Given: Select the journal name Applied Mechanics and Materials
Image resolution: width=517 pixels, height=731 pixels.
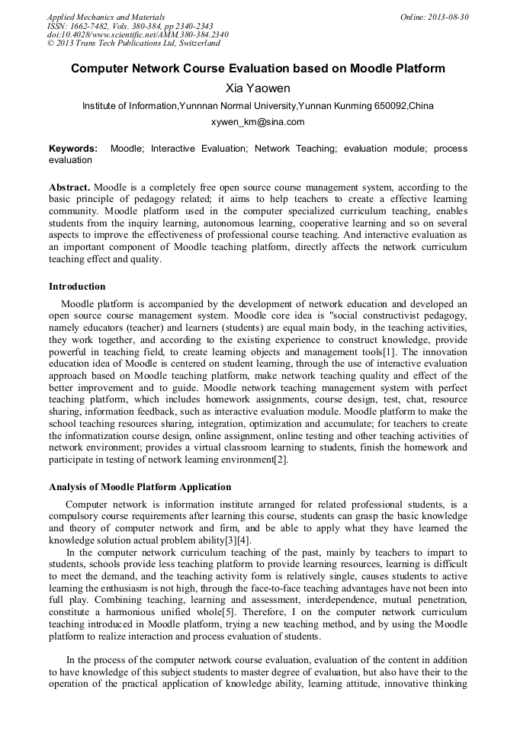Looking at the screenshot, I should (x=106, y=16).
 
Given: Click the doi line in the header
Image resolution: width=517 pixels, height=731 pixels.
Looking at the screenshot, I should (x=137, y=34).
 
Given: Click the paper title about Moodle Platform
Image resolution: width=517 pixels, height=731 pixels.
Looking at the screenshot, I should (x=258, y=69).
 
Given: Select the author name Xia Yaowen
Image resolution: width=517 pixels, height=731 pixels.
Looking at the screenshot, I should (x=258, y=88).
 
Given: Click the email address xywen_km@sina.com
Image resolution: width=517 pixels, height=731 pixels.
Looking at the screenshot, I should (x=258, y=122).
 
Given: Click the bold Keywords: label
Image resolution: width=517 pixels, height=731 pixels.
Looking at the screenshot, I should (x=73, y=149).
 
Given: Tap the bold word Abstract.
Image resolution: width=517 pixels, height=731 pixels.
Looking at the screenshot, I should (x=69, y=188).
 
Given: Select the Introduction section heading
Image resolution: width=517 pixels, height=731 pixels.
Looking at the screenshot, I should (x=77, y=287).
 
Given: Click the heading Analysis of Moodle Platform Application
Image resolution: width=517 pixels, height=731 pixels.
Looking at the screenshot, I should (x=140, y=486).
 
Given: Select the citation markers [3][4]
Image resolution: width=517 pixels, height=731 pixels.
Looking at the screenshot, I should (x=233, y=540).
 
